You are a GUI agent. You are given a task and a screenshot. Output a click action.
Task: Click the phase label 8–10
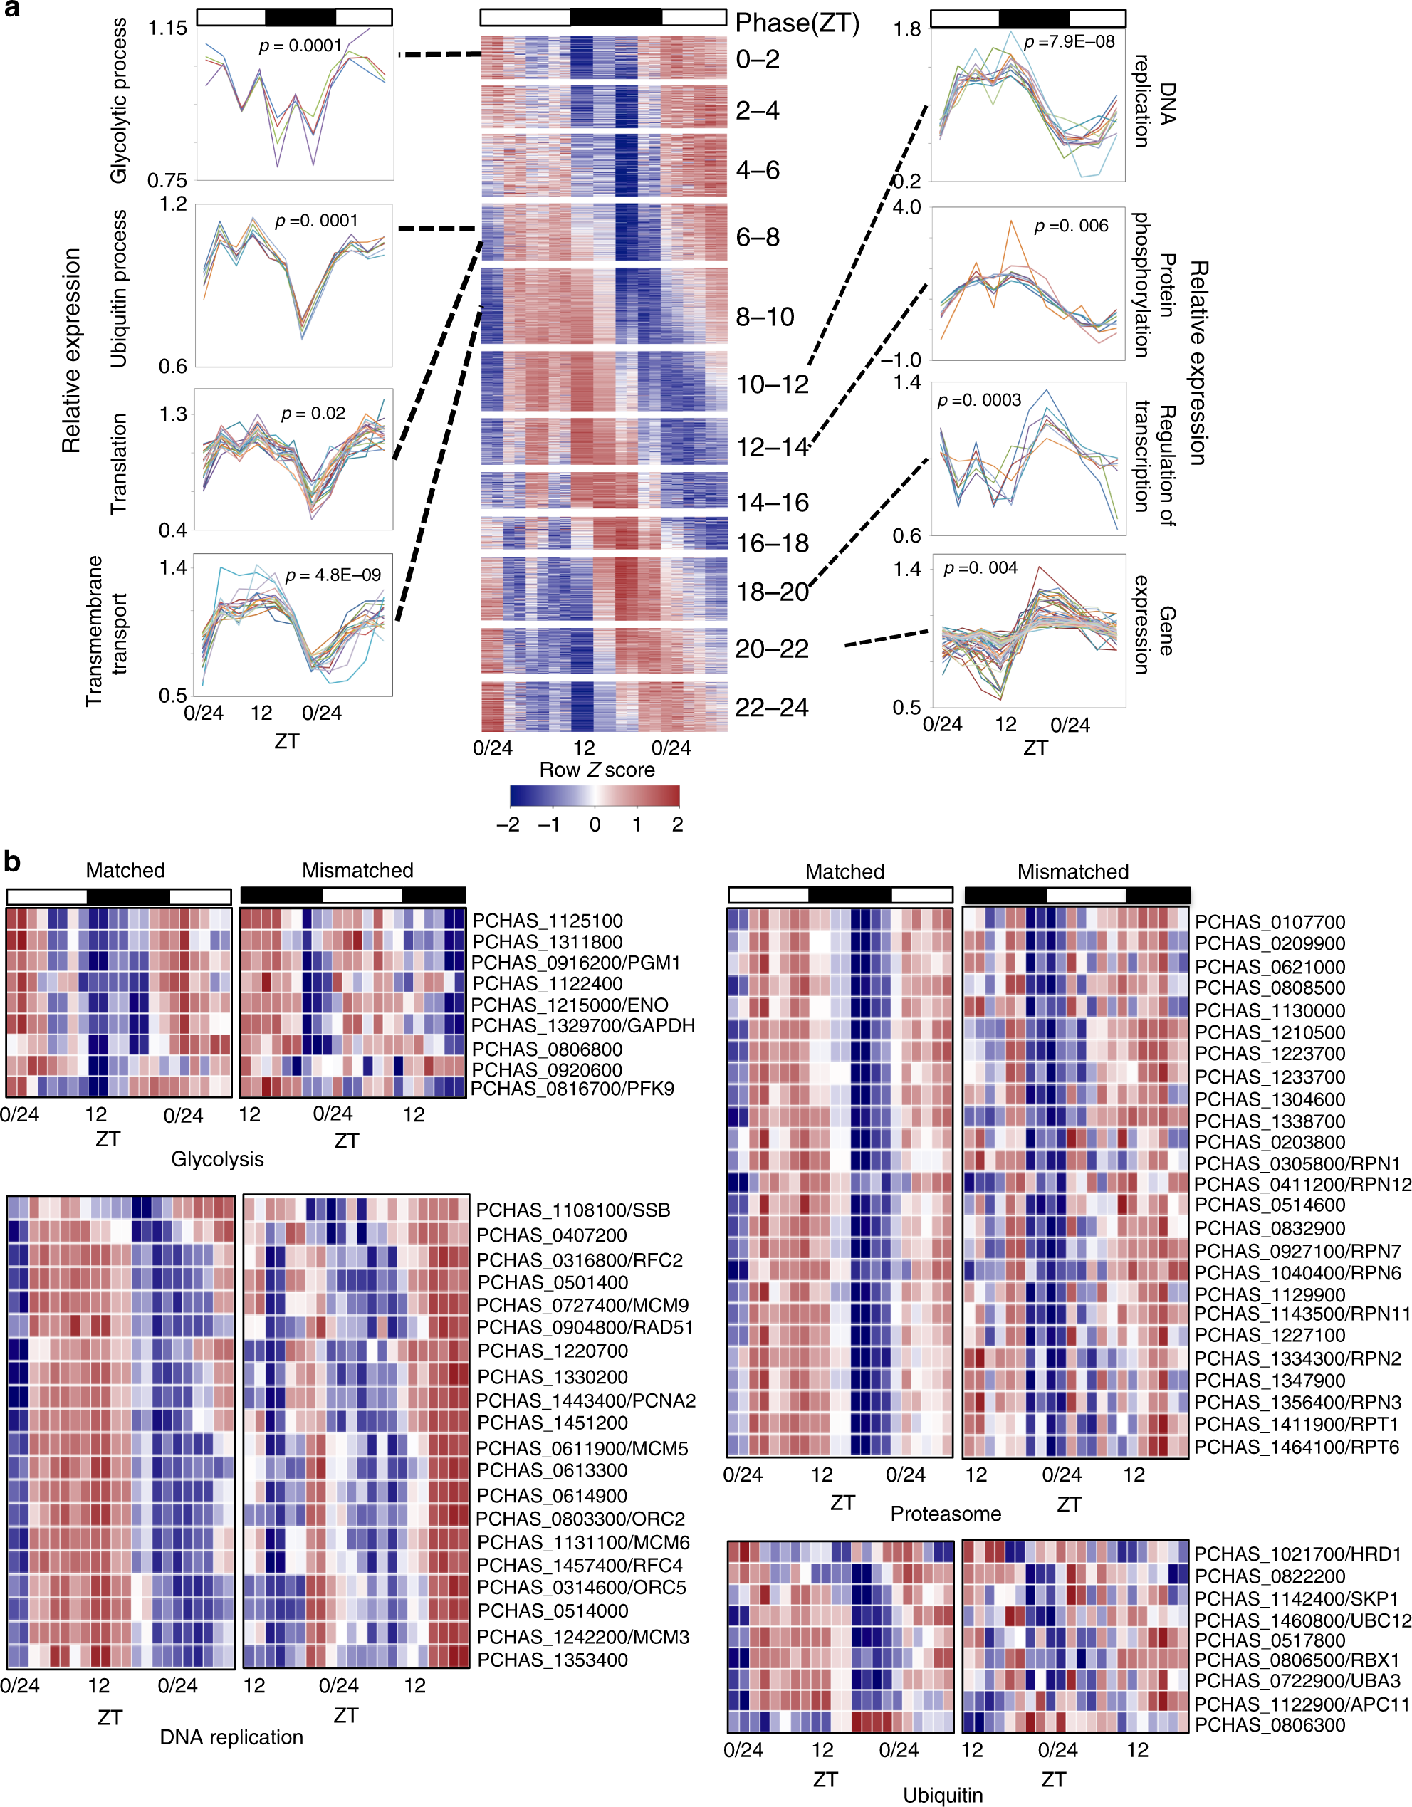click(x=765, y=317)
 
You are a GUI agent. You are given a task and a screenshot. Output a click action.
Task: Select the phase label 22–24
click(x=771, y=708)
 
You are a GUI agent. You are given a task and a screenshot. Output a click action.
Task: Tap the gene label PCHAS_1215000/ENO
click(x=570, y=1005)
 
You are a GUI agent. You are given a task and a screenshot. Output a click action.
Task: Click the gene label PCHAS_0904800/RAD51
click(x=585, y=1327)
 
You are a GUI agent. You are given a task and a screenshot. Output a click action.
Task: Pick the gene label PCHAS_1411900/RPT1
click(x=1296, y=1424)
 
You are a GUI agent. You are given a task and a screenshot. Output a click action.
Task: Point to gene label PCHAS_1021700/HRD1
click(x=1297, y=1554)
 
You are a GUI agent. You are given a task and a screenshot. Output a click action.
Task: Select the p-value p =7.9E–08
click(x=1069, y=41)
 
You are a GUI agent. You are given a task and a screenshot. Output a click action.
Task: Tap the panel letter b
click(x=11, y=861)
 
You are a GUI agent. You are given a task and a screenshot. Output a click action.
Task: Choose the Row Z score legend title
click(x=597, y=770)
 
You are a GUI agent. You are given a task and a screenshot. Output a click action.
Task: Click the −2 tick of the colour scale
click(x=508, y=824)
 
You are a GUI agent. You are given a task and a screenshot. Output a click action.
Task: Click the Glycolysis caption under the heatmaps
click(x=217, y=1159)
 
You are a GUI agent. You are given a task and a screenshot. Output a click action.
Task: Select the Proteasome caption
click(x=945, y=1513)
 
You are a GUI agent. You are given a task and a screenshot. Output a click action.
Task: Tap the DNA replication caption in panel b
click(x=231, y=1737)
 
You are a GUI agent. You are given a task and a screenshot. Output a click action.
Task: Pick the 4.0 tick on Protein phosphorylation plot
click(x=906, y=207)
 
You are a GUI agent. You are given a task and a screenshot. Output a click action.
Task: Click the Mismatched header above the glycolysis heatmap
click(x=357, y=871)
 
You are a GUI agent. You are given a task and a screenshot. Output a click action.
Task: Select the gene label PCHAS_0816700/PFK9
click(x=572, y=1088)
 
